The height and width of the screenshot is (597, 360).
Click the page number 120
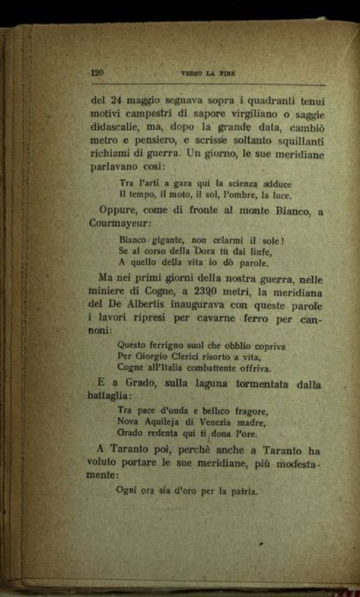97,73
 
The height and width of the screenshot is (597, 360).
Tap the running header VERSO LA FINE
207,73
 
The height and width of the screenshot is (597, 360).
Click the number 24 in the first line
116,100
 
